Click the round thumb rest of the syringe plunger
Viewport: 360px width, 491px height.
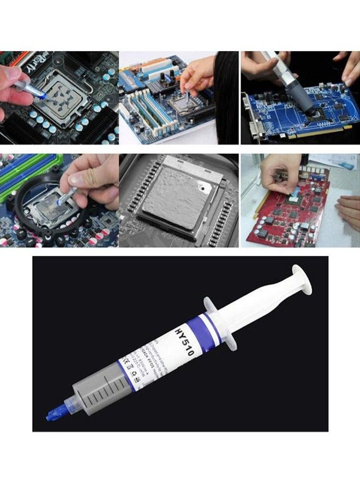302,279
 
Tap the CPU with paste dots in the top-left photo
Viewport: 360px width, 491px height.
63,98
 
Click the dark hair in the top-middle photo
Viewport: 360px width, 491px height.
226,98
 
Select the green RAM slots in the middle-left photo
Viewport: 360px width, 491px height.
22,169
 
